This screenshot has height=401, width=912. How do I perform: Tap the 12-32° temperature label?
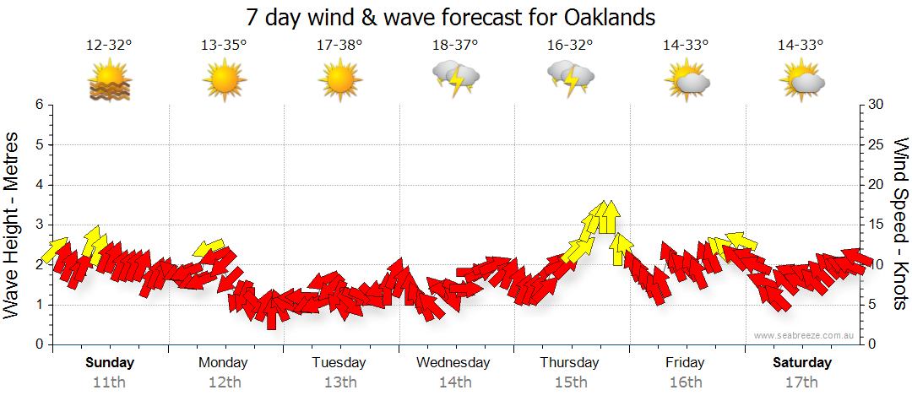(109, 46)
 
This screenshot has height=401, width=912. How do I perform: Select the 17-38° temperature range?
(339, 46)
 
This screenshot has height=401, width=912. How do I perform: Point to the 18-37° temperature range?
(454, 46)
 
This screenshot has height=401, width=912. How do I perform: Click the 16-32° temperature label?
(570, 46)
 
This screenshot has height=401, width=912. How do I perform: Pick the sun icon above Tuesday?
(339, 81)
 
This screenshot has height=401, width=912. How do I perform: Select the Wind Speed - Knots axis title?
(900, 225)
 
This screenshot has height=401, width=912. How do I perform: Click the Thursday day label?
(569, 363)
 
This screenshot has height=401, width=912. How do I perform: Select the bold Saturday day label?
(802, 363)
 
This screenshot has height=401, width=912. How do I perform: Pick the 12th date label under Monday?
(224, 382)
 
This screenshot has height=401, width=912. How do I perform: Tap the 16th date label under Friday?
(685, 382)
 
